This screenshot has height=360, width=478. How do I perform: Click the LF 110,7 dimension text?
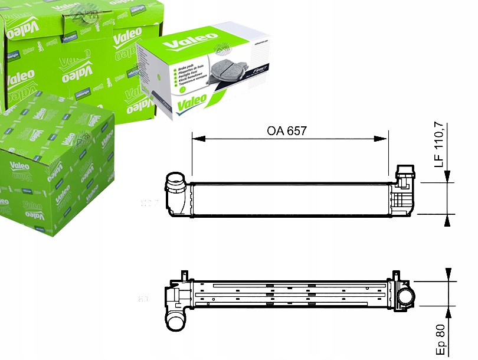[x=439, y=145]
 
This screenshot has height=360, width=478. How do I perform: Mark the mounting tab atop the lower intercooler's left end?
[x=184, y=274]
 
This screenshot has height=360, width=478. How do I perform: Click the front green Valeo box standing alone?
[x=56, y=165]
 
